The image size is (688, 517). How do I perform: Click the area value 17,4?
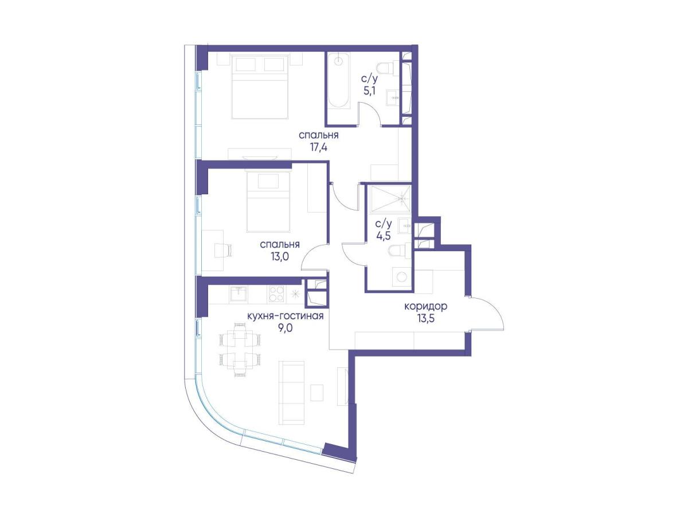pos(318,147)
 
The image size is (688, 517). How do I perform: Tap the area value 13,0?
pos(280,257)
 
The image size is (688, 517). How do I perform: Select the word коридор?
pos(425,307)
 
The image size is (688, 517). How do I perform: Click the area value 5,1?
pos(370,92)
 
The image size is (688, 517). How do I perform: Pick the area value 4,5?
pos(384,236)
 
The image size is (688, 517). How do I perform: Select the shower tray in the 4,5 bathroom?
pos(390,199)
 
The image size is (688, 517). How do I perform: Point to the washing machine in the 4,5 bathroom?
pos(401,277)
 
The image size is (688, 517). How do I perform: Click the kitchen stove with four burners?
pos(276,294)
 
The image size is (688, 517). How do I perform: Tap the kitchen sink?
pos(239,294)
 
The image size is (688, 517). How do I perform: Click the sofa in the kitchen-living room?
pos(291,393)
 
